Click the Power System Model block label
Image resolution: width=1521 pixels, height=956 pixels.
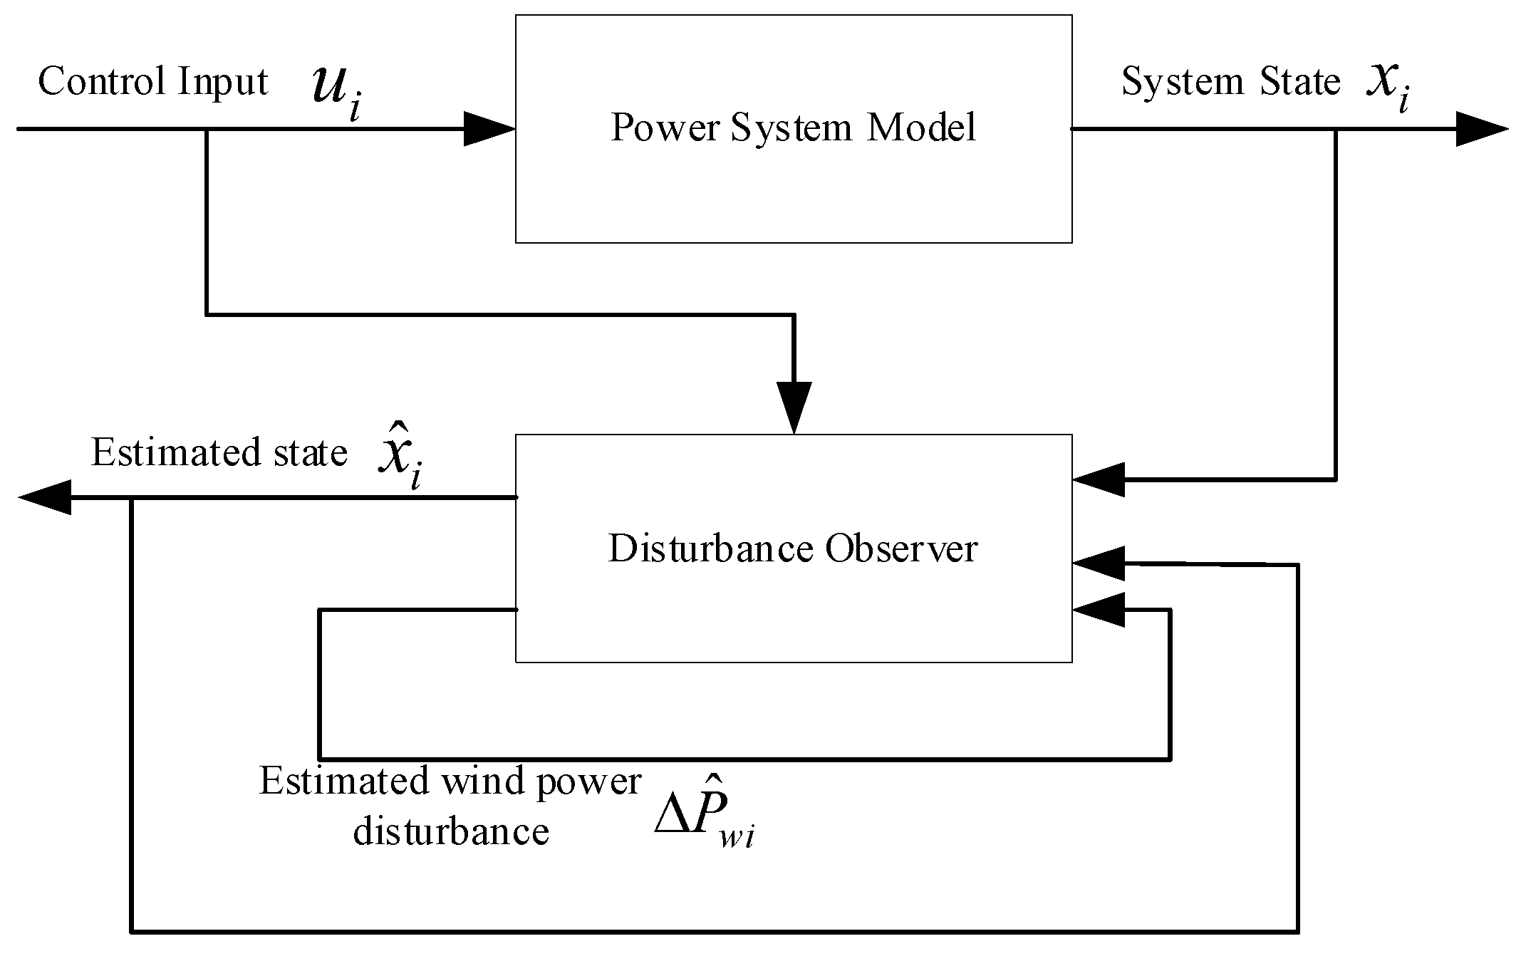point(793,128)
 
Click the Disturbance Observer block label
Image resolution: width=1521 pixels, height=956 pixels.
point(793,549)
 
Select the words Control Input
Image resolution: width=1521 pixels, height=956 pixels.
point(152,81)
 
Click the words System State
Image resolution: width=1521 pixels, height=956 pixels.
point(1230,81)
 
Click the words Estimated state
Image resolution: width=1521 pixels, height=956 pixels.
point(219,453)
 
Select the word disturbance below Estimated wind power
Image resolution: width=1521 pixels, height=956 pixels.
point(451,831)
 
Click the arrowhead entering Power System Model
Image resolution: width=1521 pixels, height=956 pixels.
point(490,129)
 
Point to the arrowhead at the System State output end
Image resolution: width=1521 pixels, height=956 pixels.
point(1482,129)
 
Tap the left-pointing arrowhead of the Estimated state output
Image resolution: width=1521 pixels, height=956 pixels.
point(45,497)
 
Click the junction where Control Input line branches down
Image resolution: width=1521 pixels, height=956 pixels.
point(207,129)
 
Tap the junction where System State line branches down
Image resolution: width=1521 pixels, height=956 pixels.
point(1335,129)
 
